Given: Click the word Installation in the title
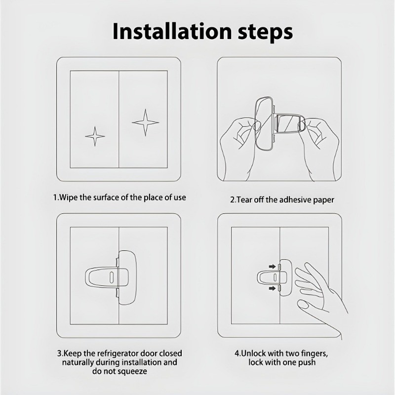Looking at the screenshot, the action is (x=172, y=31).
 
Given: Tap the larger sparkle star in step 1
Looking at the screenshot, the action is (x=145, y=122).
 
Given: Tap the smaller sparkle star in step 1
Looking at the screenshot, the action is (x=95, y=136).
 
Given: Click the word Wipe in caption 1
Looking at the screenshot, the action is (x=69, y=197).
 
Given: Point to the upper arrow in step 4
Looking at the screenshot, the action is (x=272, y=267).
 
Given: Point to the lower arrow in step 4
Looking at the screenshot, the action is (x=272, y=288).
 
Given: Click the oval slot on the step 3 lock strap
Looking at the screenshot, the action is (x=111, y=277).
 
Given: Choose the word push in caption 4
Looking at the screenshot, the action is (x=307, y=362).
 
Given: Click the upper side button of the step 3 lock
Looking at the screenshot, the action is (x=118, y=262).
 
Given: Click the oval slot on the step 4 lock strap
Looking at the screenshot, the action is (x=275, y=277).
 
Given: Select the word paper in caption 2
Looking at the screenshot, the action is (x=323, y=200).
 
